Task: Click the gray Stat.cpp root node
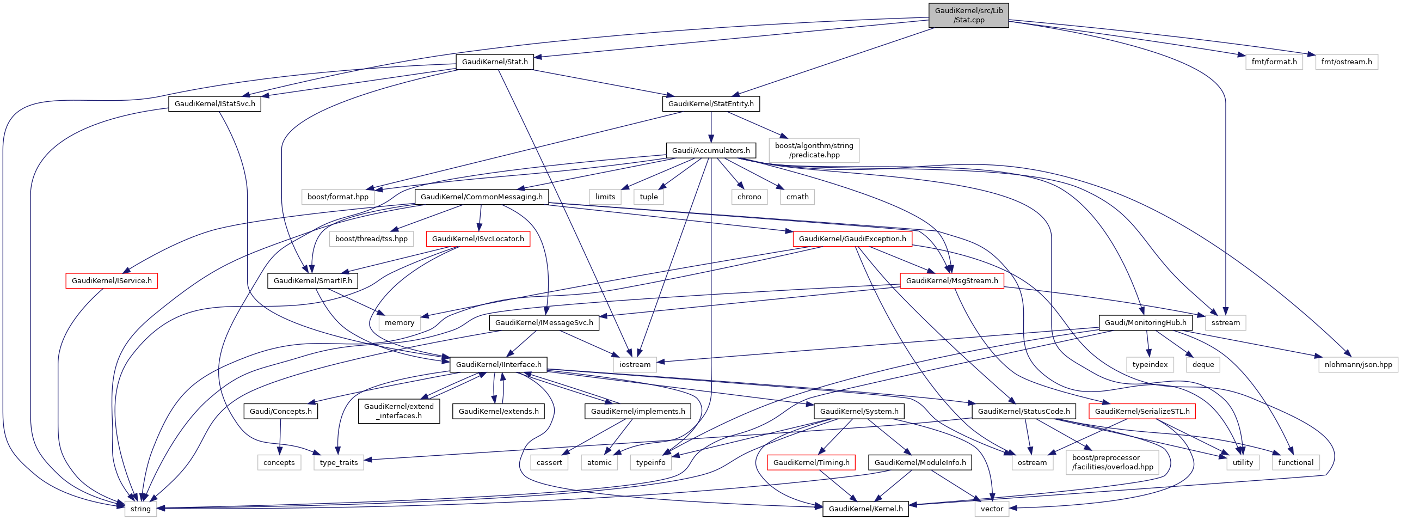pos(968,15)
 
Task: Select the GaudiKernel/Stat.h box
pos(495,62)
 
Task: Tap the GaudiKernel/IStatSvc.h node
pos(214,104)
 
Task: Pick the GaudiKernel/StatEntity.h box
pos(711,104)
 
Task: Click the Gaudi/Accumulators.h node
pos(710,150)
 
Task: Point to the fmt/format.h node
pos(1274,62)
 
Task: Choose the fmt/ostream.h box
pos(1346,62)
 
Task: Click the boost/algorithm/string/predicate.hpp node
pos(814,150)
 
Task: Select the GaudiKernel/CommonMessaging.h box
pos(481,197)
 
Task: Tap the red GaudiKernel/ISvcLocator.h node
pos(478,239)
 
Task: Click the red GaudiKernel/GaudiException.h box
pos(852,239)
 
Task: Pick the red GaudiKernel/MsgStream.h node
pos(952,281)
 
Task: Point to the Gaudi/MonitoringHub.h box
pos(1145,323)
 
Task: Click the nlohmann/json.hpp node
pos(1358,365)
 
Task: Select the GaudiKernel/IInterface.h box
pos(499,365)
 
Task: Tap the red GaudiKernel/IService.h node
pos(112,281)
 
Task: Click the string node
pos(140,509)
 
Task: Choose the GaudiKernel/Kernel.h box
pos(865,509)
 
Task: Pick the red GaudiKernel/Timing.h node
pos(811,463)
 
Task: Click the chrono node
pos(749,197)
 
